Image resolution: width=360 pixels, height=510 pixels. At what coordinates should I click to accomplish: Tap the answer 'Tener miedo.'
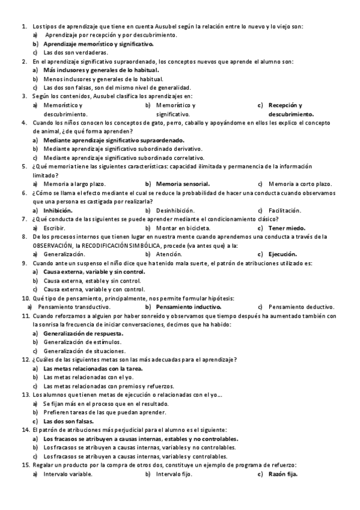tap(287, 228)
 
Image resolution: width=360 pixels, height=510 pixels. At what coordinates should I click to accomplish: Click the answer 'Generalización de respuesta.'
tap(83, 333)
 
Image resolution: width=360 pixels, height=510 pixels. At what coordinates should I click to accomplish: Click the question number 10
tap(25, 298)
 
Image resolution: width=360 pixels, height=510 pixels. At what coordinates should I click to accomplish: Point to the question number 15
tap(25, 465)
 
